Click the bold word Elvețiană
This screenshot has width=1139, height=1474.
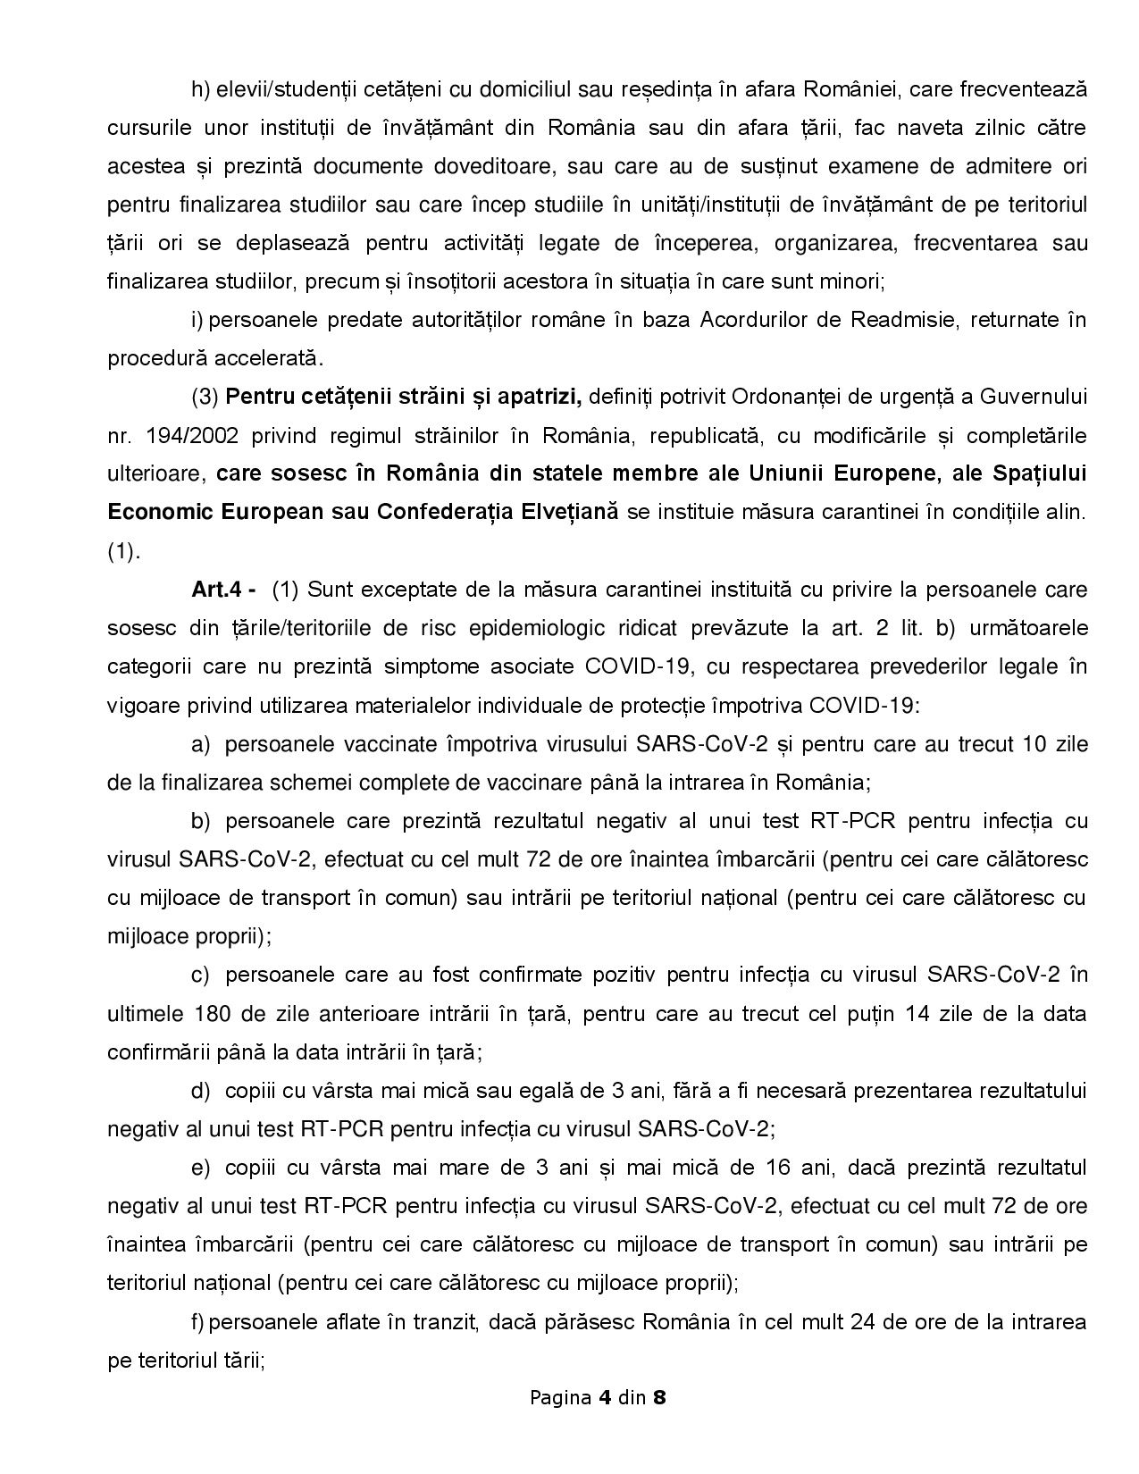point(562,512)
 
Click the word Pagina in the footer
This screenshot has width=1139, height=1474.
point(560,1397)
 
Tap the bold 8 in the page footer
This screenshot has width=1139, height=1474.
point(659,1397)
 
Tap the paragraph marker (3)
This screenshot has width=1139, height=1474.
point(205,397)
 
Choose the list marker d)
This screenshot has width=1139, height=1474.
point(202,1091)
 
